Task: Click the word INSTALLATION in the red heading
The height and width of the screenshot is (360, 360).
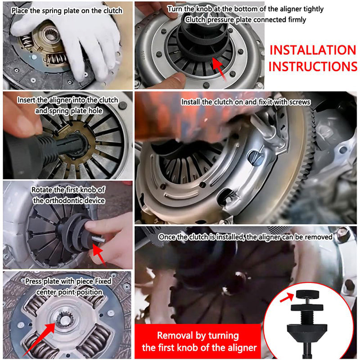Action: point(313,49)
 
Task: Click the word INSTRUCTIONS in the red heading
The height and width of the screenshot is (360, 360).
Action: point(313,67)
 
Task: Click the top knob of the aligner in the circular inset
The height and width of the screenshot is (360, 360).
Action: point(306,295)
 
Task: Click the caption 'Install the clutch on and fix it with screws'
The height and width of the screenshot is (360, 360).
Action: point(246,102)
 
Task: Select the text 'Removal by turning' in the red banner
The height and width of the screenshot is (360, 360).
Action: point(198,336)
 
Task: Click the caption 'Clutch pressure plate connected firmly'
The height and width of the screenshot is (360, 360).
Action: point(245,19)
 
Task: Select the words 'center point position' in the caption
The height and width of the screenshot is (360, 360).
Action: point(68,292)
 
